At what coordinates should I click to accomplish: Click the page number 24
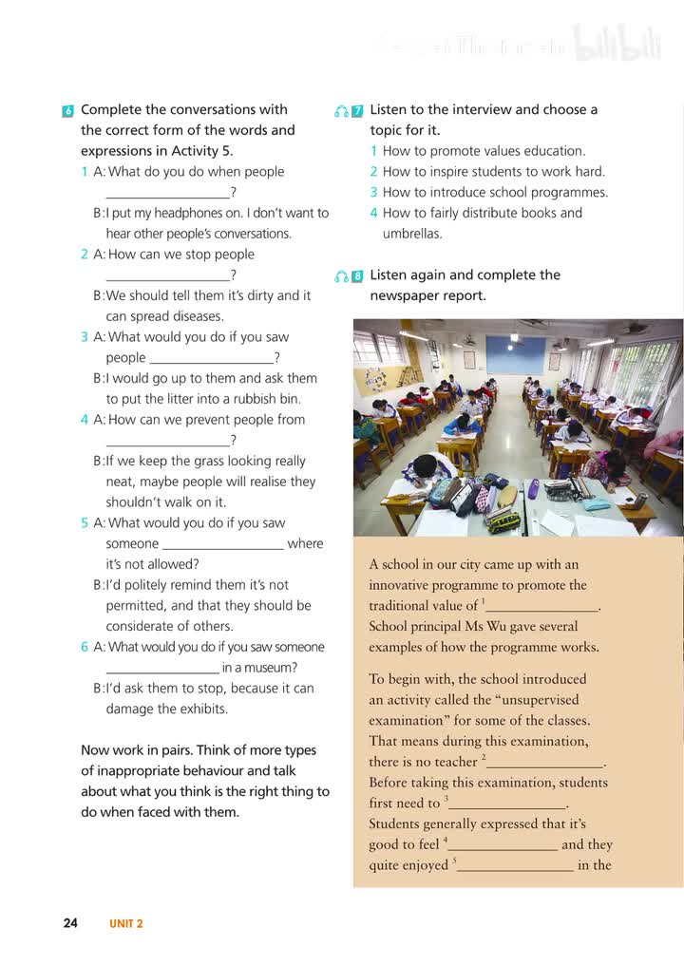click(x=70, y=922)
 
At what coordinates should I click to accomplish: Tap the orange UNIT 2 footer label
click(x=126, y=923)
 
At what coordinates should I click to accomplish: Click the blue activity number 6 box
click(x=67, y=111)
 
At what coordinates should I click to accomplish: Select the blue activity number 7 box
click(x=357, y=111)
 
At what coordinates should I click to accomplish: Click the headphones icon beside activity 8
click(x=341, y=276)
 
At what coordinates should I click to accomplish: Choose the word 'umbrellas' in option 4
click(x=413, y=234)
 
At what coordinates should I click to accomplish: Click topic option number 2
click(x=374, y=172)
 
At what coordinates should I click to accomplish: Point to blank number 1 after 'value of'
click(x=542, y=606)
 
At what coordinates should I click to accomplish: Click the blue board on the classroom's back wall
click(x=515, y=355)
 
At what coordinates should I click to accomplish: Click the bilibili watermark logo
click(x=617, y=46)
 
